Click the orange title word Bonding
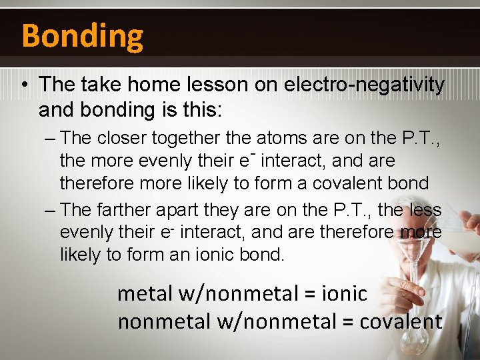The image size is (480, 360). click(x=82, y=35)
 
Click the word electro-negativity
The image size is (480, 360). click(x=364, y=85)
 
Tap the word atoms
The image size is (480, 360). click(x=275, y=138)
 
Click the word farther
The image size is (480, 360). click(x=124, y=210)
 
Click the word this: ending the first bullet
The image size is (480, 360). click(x=198, y=109)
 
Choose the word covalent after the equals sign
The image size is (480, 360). click(x=401, y=321)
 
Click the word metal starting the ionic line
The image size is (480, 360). click(x=145, y=293)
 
